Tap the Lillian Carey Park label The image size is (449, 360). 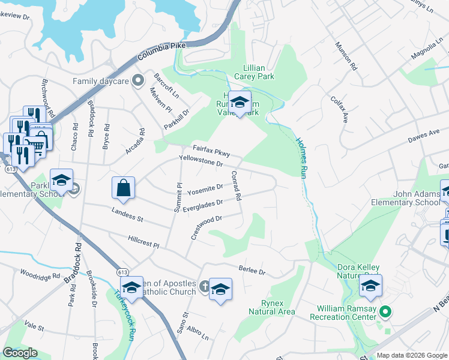259,73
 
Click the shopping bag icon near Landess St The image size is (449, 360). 123,187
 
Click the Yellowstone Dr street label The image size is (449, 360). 201,160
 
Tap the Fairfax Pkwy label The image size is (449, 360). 211,150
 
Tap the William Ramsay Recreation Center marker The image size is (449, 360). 387,312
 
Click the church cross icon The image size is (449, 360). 205,286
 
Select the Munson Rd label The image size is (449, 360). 346,56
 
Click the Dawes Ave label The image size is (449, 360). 424,136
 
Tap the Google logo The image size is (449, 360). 20,353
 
